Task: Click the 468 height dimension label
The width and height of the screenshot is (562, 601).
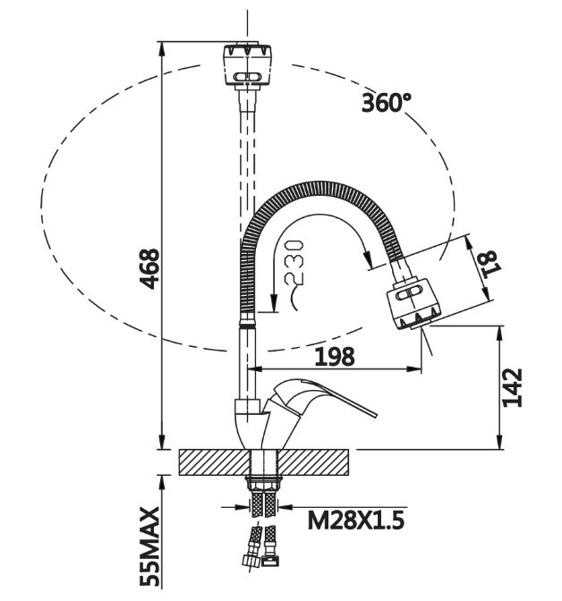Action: point(151,267)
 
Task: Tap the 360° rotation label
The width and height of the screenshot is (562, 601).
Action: point(387,102)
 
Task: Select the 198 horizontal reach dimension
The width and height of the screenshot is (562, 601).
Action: point(335,356)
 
